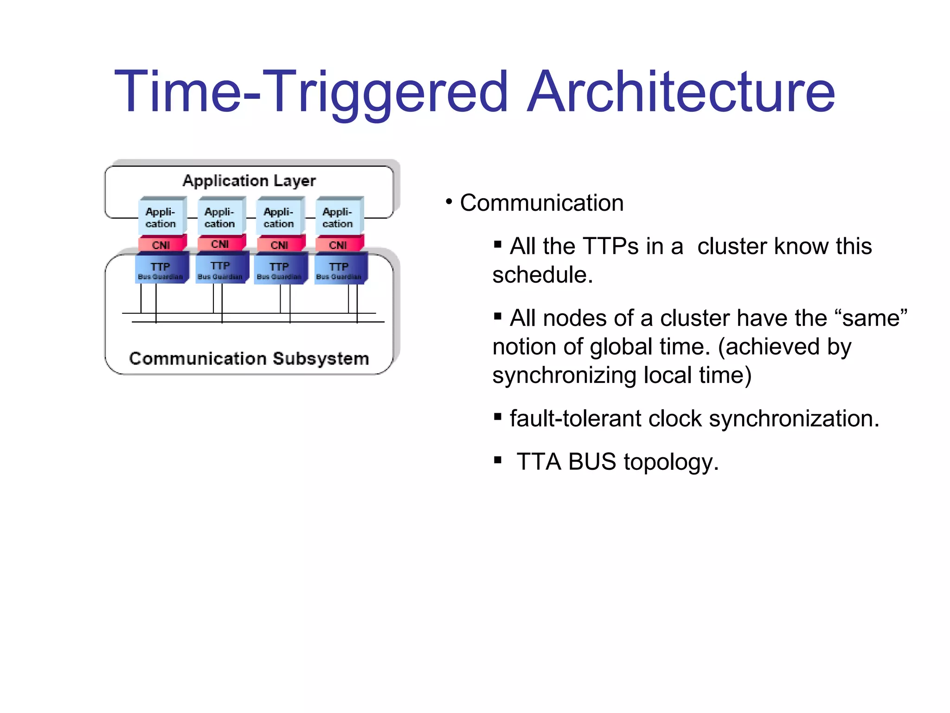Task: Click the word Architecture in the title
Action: (681, 91)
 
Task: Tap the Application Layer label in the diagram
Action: (249, 181)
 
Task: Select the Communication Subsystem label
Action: (249, 358)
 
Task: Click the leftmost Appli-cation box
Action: (161, 217)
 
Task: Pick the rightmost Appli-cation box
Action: (338, 217)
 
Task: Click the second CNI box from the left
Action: (220, 244)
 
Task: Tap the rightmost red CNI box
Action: (338, 245)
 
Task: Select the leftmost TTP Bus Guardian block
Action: (160, 269)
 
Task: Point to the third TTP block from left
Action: (279, 269)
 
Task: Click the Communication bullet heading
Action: (541, 203)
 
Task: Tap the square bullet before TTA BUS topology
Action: (498, 460)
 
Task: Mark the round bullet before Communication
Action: (449, 202)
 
